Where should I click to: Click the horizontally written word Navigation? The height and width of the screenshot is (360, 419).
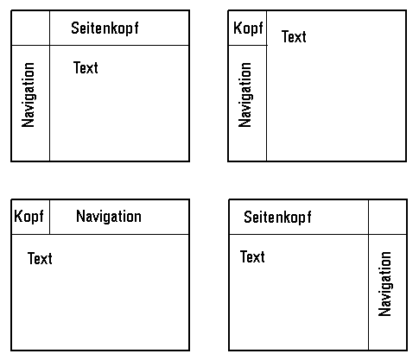(109, 217)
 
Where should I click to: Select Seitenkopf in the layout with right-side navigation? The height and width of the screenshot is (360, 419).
(277, 217)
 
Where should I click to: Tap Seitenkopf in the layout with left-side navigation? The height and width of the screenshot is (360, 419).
(105, 28)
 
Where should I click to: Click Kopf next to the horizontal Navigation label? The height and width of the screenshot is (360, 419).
(29, 217)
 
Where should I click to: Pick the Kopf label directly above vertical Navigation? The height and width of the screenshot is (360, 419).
(248, 28)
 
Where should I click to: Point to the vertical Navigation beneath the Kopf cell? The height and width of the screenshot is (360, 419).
(245, 95)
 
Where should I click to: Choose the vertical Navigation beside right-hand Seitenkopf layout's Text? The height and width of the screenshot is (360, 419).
(384, 284)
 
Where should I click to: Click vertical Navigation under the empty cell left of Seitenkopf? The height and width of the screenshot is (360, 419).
(29, 95)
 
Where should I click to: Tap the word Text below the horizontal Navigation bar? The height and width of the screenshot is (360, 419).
(40, 258)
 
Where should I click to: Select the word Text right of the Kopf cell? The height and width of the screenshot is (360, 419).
(294, 36)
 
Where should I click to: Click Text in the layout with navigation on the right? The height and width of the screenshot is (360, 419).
(252, 256)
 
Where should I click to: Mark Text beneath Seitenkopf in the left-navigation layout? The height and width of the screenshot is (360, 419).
(86, 67)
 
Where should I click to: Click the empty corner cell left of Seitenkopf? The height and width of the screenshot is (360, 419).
(30, 28)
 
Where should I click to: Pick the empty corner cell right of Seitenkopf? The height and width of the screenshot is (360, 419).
(388, 217)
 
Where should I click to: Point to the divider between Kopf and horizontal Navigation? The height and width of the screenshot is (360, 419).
(49, 217)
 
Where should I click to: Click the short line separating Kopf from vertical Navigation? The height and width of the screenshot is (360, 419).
(247, 45)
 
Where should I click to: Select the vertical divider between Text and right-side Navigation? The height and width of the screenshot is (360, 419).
(368, 293)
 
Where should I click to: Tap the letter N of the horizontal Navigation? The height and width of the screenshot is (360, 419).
(79, 216)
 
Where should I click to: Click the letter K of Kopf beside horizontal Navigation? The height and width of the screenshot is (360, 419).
(17, 216)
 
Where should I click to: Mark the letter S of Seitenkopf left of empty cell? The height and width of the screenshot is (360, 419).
(247, 217)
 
